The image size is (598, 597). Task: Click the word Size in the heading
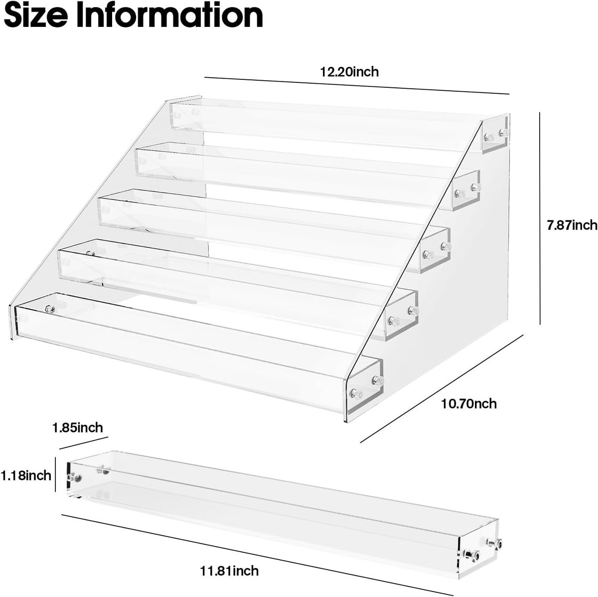(x=36, y=15)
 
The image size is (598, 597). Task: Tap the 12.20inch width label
(x=349, y=72)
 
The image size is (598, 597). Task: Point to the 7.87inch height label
(x=572, y=225)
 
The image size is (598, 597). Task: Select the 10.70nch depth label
(x=468, y=404)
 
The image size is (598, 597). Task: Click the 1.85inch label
(x=78, y=428)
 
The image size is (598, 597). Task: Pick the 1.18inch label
(x=26, y=475)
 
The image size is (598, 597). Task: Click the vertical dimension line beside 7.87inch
(x=540, y=218)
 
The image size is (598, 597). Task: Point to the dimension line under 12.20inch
(x=357, y=85)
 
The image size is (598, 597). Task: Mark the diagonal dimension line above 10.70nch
(x=442, y=388)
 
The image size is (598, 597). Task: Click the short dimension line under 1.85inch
(x=84, y=443)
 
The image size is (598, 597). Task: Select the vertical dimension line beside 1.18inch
(x=55, y=474)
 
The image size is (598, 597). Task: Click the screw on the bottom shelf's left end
(x=50, y=309)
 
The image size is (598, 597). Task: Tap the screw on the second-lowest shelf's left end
(x=91, y=253)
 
